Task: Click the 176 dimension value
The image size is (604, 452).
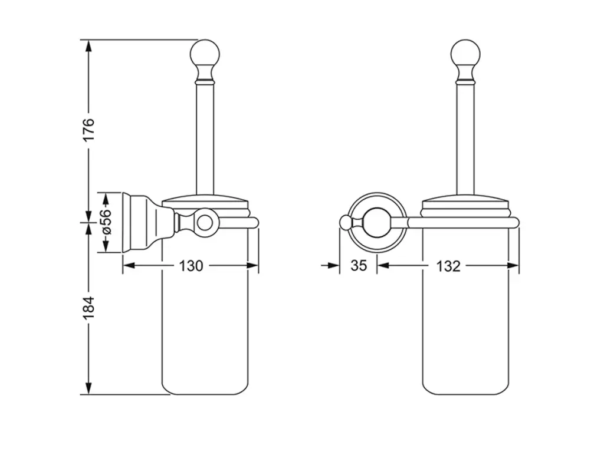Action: (x=88, y=130)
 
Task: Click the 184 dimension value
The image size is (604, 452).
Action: (x=88, y=308)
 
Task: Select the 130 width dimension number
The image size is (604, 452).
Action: (x=191, y=266)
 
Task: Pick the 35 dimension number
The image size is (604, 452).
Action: (x=358, y=266)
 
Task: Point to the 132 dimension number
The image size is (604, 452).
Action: (x=448, y=266)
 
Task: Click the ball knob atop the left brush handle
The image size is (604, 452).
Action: (x=205, y=54)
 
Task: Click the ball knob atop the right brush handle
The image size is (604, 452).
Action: (x=465, y=54)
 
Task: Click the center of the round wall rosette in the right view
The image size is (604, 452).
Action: (x=377, y=223)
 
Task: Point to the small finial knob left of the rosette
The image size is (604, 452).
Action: (x=345, y=223)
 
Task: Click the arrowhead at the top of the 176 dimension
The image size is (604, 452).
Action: (x=88, y=46)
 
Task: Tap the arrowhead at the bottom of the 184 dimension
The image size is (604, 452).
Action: (x=88, y=388)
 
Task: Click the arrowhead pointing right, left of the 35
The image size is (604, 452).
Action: (x=333, y=265)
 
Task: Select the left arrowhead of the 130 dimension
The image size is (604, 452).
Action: (x=129, y=266)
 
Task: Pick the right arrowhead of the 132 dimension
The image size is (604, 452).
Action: (x=513, y=266)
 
